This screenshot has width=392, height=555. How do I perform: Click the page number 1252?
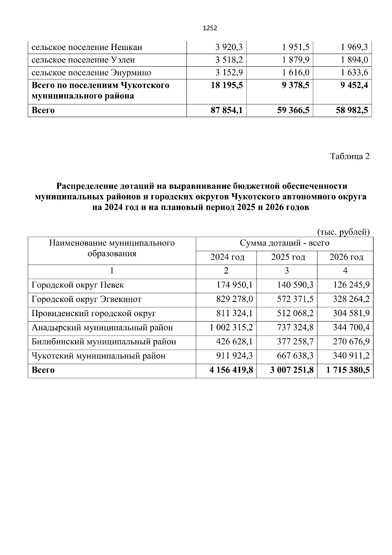[210, 28]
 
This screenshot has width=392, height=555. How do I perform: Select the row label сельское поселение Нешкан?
[87, 47]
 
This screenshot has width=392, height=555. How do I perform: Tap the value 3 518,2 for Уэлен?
[229, 60]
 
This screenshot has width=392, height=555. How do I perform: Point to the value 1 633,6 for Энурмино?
[354, 73]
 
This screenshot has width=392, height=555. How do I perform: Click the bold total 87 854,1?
[227, 110]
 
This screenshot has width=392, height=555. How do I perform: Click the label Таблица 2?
[350, 156]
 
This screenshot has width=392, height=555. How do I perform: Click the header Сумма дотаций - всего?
[284, 243]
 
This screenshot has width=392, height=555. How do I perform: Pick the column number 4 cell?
[345, 271]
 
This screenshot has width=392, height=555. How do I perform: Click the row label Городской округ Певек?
[77, 285]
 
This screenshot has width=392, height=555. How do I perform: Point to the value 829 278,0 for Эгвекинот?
[235, 299]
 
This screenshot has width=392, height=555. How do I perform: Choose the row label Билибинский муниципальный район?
[104, 342]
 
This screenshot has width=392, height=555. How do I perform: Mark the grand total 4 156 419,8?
[231, 370]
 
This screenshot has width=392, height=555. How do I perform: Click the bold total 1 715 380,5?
[348, 370]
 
